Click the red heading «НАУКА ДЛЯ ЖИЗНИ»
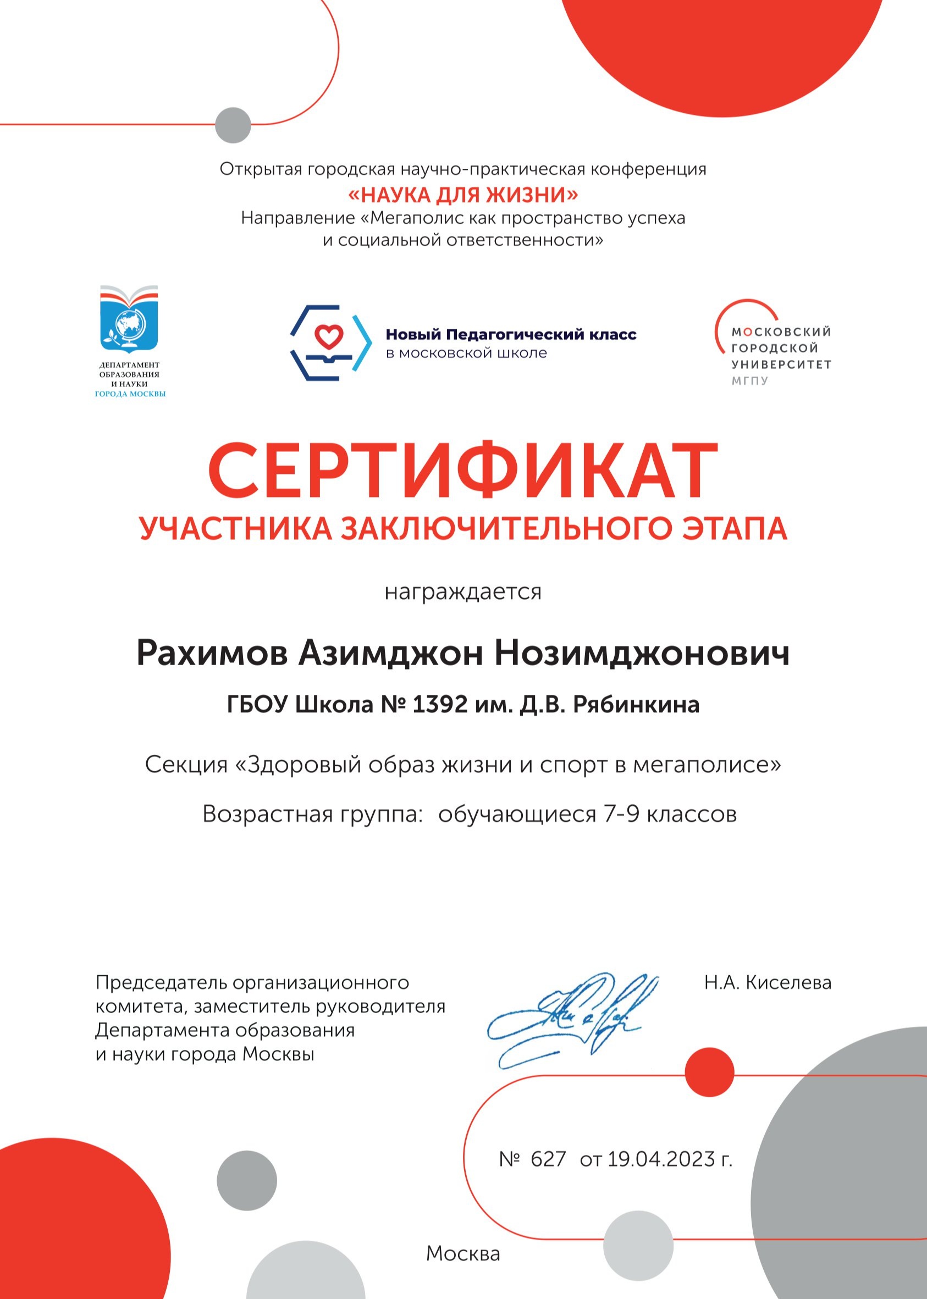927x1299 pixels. (463, 195)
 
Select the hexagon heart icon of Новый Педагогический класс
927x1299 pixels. (330, 342)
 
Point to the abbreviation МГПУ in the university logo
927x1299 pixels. (750, 380)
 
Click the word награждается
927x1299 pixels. (463, 592)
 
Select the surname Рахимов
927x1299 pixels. (212, 653)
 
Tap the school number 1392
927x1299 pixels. (439, 705)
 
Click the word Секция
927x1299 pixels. (186, 765)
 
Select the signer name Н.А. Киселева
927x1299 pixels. (767, 982)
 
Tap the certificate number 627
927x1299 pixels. (548, 1159)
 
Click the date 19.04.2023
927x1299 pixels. (661, 1159)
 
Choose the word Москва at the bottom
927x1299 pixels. (463, 1253)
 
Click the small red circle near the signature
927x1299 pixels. (709, 1072)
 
